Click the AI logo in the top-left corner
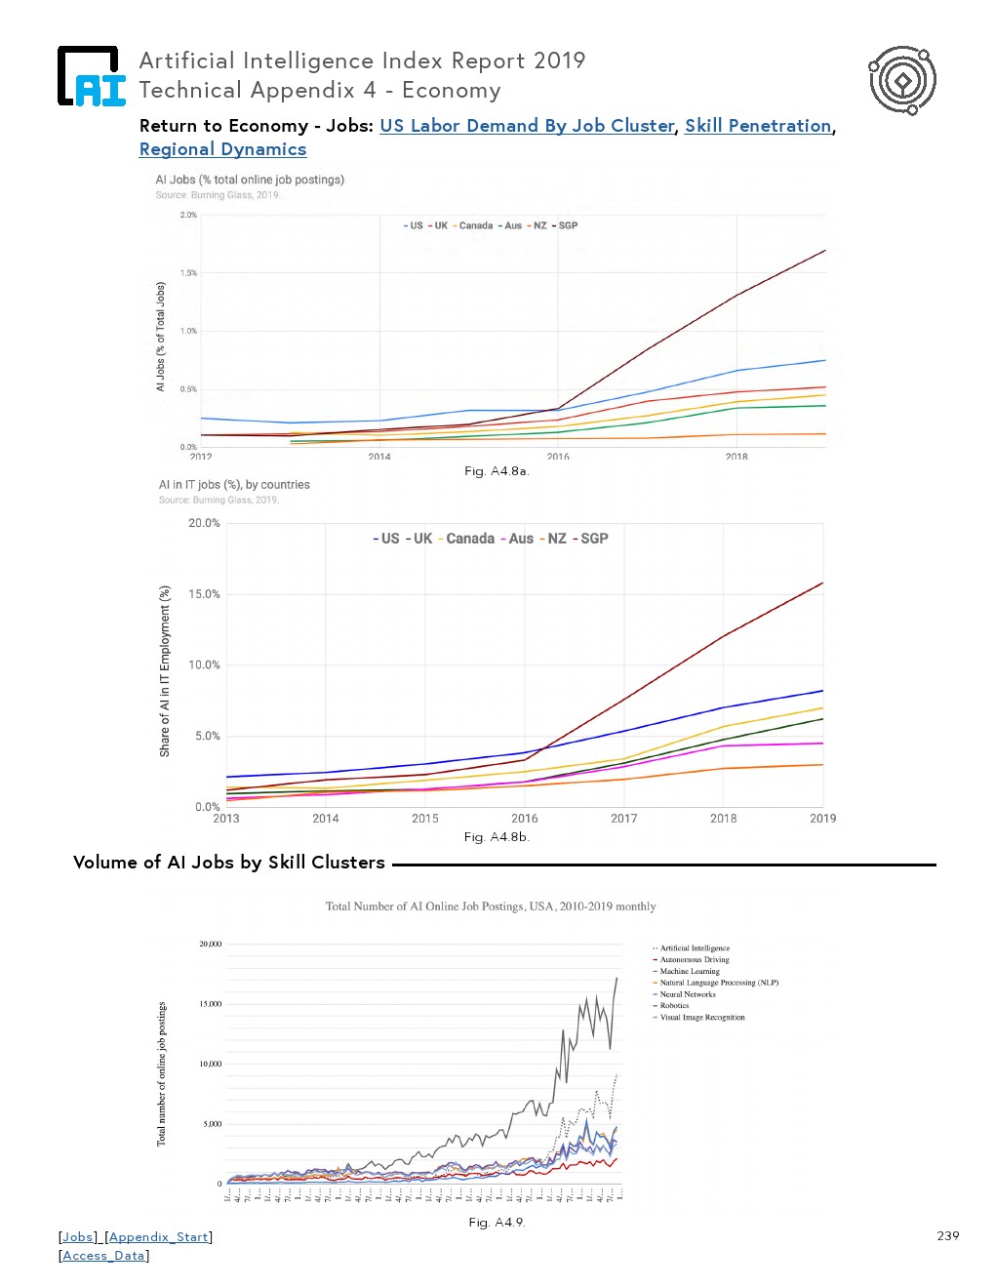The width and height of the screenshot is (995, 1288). (x=92, y=76)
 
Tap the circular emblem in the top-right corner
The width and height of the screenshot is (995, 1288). (x=902, y=80)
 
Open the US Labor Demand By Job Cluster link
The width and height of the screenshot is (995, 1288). (x=527, y=126)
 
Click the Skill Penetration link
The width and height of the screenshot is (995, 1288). (x=758, y=126)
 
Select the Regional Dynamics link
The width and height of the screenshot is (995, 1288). (x=222, y=149)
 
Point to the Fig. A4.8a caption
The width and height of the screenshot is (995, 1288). (x=497, y=471)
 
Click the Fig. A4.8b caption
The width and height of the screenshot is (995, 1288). (x=497, y=837)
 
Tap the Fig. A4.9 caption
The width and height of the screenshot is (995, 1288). (x=497, y=1223)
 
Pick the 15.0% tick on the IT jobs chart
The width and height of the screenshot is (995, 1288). (x=204, y=594)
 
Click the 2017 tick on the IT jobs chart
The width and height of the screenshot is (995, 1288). (x=624, y=819)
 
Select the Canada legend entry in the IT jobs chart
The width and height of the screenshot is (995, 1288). (x=469, y=539)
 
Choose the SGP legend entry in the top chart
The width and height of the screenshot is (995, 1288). (x=567, y=225)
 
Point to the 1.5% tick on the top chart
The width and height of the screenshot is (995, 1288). (x=188, y=273)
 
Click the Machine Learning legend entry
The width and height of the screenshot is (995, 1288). (x=689, y=972)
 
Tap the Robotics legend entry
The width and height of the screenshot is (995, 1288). (x=674, y=1006)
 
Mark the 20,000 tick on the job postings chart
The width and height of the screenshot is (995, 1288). (x=210, y=945)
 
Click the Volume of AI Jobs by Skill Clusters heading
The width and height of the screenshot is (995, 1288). (x=229, y=863)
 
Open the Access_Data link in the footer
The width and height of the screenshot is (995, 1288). (x=103, y=1256)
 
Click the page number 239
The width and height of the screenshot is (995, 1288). (x=947, y=1236)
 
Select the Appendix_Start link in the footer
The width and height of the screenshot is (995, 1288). (x=158, y=1237)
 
